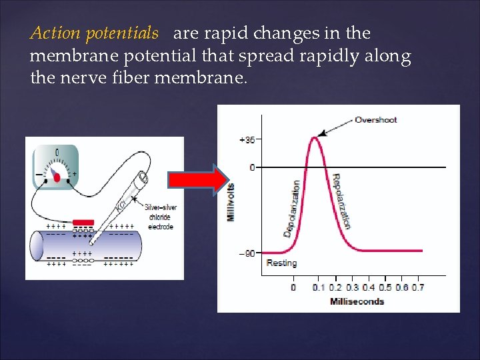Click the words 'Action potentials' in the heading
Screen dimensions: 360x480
94,33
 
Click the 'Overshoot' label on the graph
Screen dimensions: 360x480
375,120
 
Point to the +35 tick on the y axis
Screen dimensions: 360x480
247,140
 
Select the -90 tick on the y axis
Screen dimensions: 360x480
247,253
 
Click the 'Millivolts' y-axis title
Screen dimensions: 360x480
231,203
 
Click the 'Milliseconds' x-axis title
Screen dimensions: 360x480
357,301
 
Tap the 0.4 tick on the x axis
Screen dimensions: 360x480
368,287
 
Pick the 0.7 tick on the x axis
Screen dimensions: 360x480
417,287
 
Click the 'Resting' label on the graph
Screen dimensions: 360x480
281,263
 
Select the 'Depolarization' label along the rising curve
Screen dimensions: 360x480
291,208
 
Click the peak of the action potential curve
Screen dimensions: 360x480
313,138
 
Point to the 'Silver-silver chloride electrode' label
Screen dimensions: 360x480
159,217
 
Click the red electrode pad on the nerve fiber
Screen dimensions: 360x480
83,222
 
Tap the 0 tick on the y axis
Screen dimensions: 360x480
251,167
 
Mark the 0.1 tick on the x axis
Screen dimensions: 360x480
319,287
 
